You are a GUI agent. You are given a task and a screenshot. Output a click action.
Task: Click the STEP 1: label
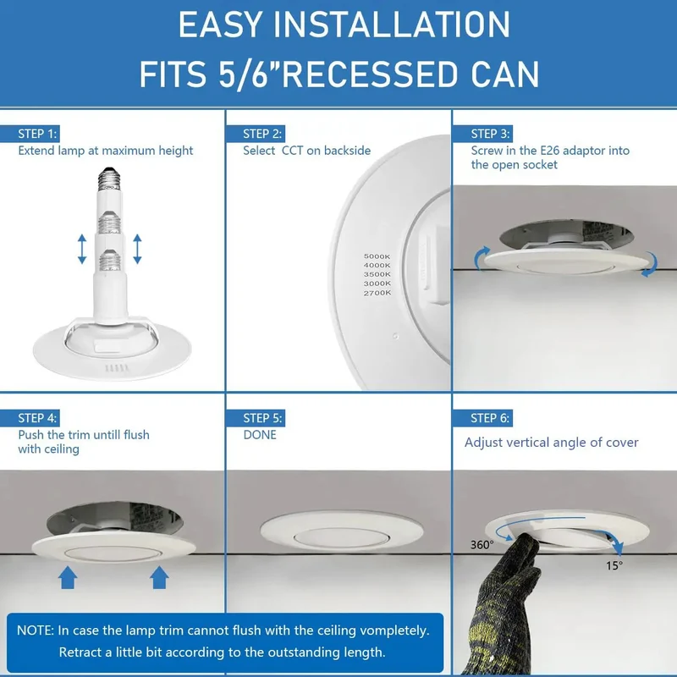[37, 134]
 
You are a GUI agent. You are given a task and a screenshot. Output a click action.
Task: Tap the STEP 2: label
[262, 134]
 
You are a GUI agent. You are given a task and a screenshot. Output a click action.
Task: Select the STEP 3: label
[491, 134]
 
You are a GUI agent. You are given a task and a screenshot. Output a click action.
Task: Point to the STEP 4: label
[37, 418]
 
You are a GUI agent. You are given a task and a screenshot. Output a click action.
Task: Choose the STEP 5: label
[262, 418]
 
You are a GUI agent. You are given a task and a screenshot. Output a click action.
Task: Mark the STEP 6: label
[490, 418]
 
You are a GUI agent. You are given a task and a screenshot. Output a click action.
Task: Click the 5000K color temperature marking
[377, 256]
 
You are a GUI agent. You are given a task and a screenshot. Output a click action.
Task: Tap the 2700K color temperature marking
[377, 293]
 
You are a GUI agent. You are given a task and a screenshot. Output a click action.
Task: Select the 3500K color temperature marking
[377, 274]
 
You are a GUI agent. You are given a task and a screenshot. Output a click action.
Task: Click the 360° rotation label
[482, 545]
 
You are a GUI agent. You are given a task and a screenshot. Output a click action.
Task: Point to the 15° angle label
[614, 565]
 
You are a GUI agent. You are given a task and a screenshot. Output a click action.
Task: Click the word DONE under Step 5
[260, 435]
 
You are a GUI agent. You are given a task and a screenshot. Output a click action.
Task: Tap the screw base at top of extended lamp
[109, 179]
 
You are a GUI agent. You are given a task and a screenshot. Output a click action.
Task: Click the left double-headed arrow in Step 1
[82, 249]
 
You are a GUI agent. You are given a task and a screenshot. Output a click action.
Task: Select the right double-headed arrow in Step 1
[137, 249]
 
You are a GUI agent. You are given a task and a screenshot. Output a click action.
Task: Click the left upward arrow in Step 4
[68, 578]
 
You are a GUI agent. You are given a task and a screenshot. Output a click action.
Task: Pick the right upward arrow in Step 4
[159, 578]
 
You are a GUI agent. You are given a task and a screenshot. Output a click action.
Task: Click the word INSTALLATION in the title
[392, 25]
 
